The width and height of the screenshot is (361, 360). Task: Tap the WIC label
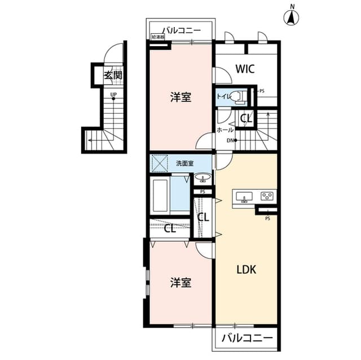tap(245, 69)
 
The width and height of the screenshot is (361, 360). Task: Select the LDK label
tap(246, 269)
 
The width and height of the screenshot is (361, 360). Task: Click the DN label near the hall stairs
tap(230, 140)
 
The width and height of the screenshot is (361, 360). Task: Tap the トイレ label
tap(223, 96)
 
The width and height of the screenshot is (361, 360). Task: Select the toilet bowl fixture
tap(241, 97)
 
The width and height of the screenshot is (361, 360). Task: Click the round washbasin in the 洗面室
tap(202, 179)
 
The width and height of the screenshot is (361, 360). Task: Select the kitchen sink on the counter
tap(245, 197)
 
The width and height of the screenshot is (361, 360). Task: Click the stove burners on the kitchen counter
tap(267, 197)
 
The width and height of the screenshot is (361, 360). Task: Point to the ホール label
tap(226, 130)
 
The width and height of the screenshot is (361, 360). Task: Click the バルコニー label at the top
tap(182, 30)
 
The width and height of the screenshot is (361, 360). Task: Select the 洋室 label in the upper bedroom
tap(180, 97)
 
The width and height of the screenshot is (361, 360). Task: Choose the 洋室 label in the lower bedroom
tap(180, 282)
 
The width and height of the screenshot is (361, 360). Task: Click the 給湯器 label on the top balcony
tap(158, 37)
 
